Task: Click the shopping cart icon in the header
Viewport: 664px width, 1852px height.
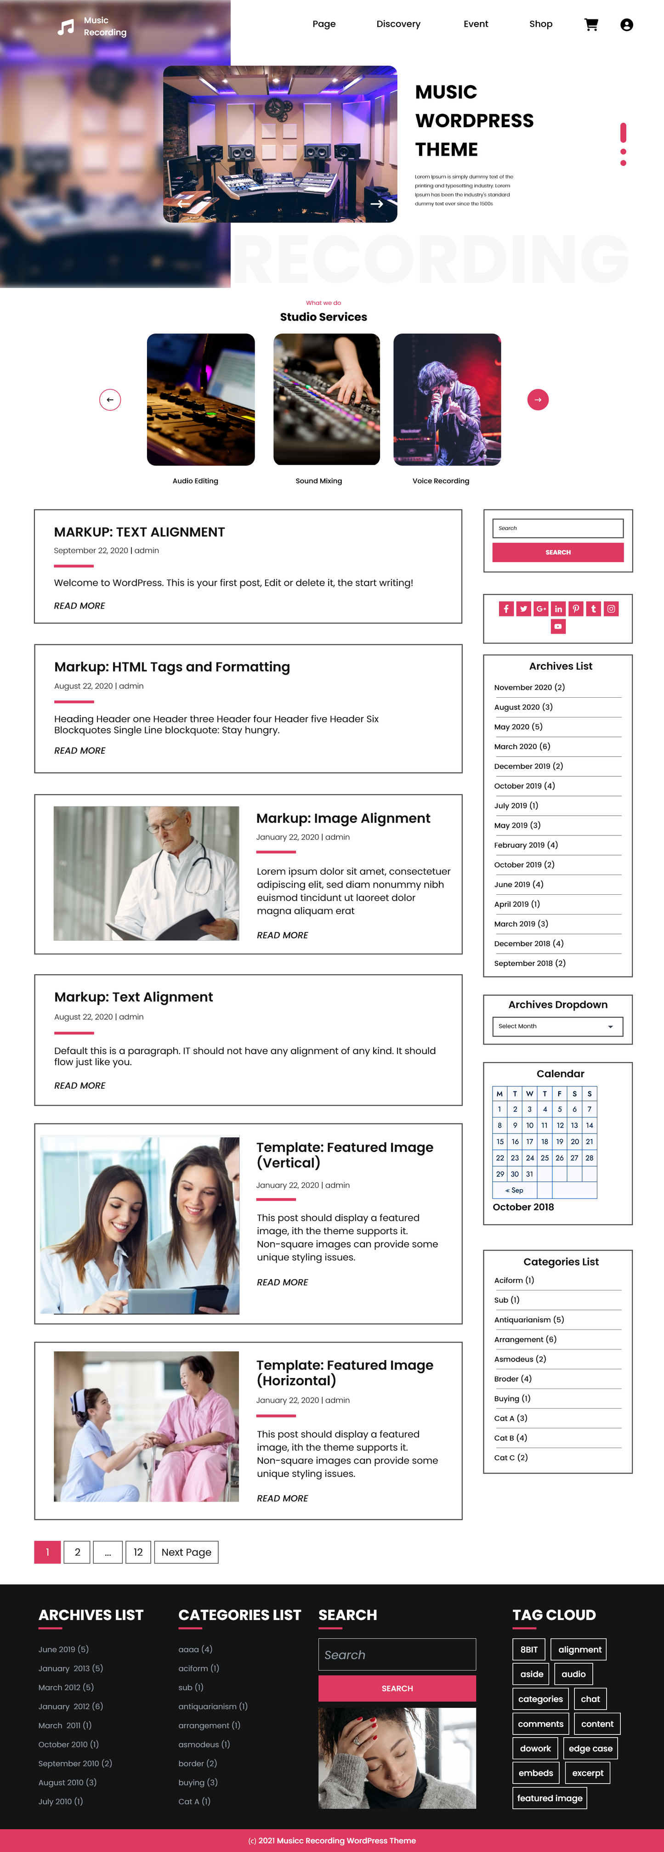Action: [591, 24]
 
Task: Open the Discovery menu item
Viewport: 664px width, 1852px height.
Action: [398, 24]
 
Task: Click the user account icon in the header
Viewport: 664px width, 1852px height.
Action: [627, 24]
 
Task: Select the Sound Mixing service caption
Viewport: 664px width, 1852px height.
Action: [319, 481]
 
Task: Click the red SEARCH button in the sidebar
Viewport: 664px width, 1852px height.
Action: [557, 552]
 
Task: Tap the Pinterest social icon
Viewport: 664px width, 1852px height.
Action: [575, 609]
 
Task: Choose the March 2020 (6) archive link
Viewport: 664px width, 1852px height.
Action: [522, 746]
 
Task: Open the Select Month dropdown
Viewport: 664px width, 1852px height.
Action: [557, 1026]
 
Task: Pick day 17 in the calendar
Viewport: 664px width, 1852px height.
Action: [529, 1142]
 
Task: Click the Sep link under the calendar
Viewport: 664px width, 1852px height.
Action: [514, 1191]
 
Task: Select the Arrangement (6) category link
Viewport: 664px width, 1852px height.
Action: [525, 1339]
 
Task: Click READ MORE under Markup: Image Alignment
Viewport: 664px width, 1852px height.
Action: [282, 935]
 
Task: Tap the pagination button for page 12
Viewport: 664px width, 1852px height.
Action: [138, 1552]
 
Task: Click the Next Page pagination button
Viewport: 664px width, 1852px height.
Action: [186, 1552]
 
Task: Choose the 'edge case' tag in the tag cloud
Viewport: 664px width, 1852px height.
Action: [590, 1749]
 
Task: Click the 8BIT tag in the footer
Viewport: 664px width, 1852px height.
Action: [529, 1649]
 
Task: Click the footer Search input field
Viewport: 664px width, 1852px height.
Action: [397, 1654]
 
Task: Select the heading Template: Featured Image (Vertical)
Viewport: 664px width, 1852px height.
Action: [345, 1155]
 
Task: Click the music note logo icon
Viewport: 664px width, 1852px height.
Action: [65, 27]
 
